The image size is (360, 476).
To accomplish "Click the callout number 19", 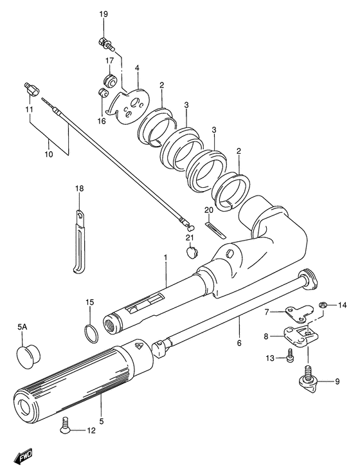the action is (x=104, y=14).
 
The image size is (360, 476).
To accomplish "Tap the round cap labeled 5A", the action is (x=28, y=358).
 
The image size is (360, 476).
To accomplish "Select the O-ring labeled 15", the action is (x=91, y=334).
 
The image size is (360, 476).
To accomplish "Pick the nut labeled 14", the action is (x=323, y=305).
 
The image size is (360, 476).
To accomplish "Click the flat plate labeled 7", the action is (x=299, y=313).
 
